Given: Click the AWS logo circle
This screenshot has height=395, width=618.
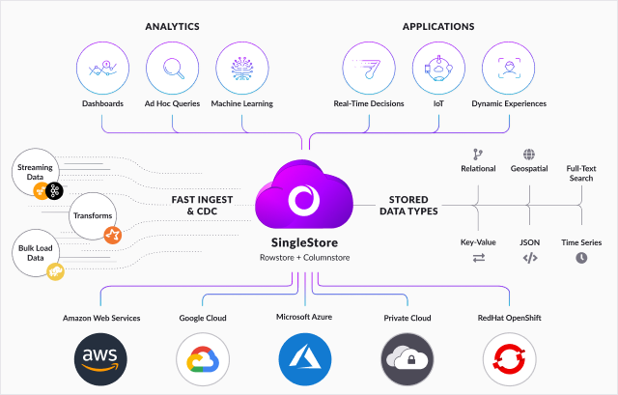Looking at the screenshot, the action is coord(100,359).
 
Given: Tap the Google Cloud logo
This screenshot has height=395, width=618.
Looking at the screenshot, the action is coord(203,359).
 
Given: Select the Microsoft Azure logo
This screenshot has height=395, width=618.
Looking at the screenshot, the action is coord(305,359).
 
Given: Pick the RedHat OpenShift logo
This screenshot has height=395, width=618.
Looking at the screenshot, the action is coord(509,359).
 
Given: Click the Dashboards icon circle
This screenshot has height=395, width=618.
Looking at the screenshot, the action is coord(102,69).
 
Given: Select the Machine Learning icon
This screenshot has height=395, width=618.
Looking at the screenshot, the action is coord(242,69).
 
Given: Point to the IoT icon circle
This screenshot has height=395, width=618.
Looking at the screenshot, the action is coord(438,69).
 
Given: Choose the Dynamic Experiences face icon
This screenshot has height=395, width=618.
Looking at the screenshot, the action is coord(509,69).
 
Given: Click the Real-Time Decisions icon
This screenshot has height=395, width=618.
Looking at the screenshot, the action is coord(369,69).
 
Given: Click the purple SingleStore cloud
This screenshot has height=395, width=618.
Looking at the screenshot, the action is coord(304,194).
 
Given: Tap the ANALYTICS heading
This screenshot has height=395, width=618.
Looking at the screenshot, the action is coord(172,26).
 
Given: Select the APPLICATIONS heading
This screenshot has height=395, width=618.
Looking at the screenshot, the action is coord(438,26).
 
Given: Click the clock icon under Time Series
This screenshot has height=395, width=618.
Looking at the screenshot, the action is coord(581,258).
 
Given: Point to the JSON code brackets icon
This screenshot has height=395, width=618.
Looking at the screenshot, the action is coord(530,258).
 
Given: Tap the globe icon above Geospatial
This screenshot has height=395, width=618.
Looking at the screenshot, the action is coord(529,155).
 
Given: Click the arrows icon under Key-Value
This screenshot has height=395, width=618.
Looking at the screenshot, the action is coord(479,258).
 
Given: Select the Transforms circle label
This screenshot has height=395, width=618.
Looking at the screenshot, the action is coord(93,215).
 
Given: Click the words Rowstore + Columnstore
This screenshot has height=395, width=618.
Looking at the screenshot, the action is coord(305,258).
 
